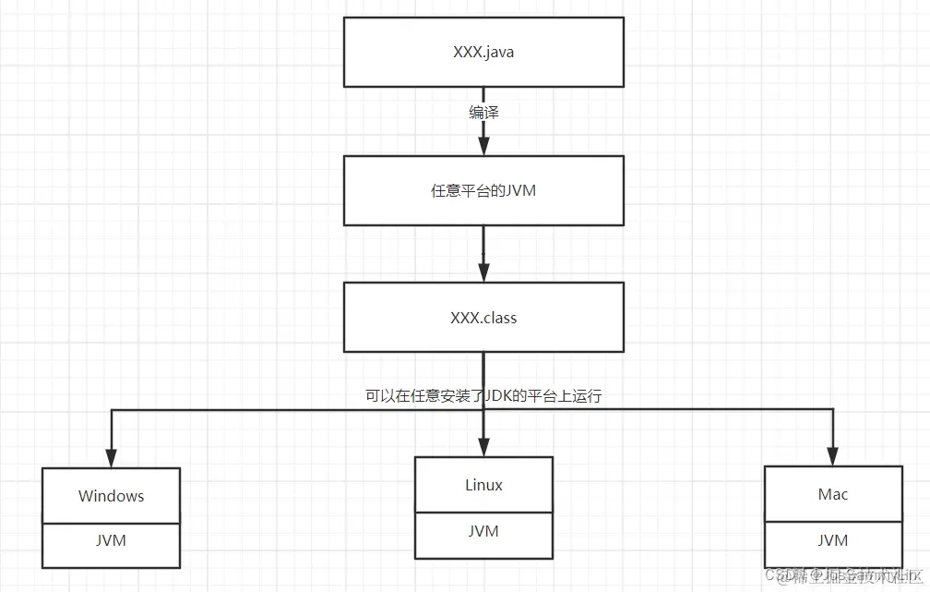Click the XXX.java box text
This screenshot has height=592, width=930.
coord(483,52)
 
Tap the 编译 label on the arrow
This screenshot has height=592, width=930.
coord(483,112)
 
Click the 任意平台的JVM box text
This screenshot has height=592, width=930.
coord(483,191)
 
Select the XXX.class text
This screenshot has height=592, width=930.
coord(483,318)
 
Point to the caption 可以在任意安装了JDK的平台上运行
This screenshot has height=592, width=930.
coord(483,395)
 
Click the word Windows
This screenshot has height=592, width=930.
coord(112,496)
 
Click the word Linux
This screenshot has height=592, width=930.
coord(483,485)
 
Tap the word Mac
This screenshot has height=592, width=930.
coord(832,494)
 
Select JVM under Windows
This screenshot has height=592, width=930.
coord(112,540)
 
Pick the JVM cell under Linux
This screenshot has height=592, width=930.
coord(483,531)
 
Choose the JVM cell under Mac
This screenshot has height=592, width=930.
coord(832,540)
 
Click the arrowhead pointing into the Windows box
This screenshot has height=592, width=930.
coord(112,457)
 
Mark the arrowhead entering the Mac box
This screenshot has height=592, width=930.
coord(832,455)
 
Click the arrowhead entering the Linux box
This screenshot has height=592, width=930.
coord(483,446)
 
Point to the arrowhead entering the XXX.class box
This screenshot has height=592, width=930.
coord(483,272)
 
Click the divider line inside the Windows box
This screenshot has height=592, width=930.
coord(112,522)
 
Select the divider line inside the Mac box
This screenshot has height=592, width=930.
coord(832,521)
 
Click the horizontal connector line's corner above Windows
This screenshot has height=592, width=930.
coord(112,410)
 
